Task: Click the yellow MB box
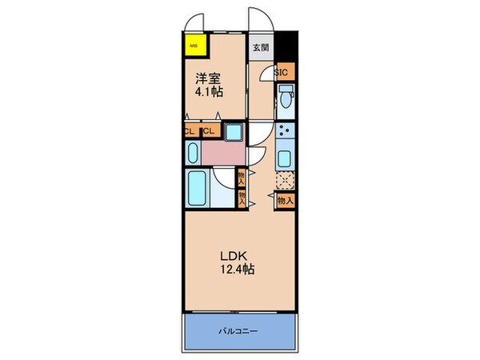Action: point(194,46)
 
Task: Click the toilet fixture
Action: point(286,100)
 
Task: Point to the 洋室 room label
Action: point(210,79)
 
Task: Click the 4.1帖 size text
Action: point(210,93)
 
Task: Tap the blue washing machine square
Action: point(234,132)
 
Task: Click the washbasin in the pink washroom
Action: point(193,154)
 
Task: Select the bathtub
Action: point(196,189)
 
